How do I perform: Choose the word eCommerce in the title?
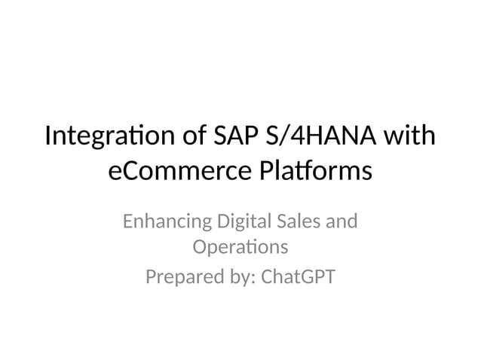(x=175, y=172)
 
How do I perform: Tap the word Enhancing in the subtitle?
(x=166, y=223)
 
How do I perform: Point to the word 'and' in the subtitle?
(x=344, y=223)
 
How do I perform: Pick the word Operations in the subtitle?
(x=240, y=247)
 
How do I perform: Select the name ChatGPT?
(x=296, y=278)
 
